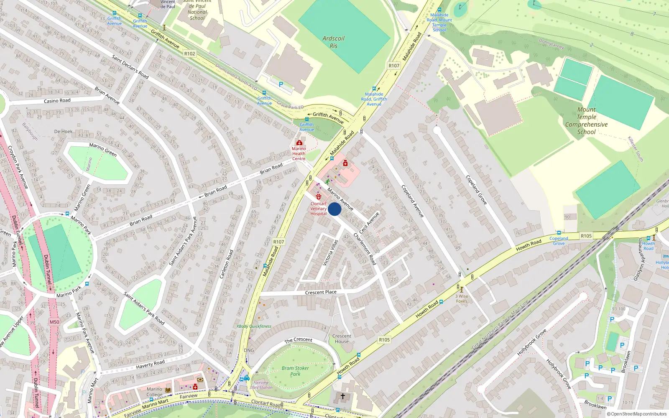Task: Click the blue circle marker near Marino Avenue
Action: point(334,209)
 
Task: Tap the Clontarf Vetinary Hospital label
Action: point(318,209)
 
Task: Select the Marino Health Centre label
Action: point(299,153)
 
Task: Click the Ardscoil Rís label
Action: point(333,42)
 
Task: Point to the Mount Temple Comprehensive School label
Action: point(586,121)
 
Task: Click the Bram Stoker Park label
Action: point(295,371)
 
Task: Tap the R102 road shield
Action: point(189,54)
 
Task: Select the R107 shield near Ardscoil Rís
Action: point(394,66)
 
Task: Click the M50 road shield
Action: point(54,322)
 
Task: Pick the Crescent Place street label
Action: point(321,292)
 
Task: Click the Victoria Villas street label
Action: point(330,253)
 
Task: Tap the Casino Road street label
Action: point(57,101)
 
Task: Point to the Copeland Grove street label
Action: point(476,190)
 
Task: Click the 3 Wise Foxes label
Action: point(462,298)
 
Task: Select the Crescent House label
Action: point(342,339)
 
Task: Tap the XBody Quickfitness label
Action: point(254,326)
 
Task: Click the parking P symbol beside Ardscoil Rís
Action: point(281,84)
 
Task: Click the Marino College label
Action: point(154,392)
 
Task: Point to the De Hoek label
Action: point(63,131)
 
